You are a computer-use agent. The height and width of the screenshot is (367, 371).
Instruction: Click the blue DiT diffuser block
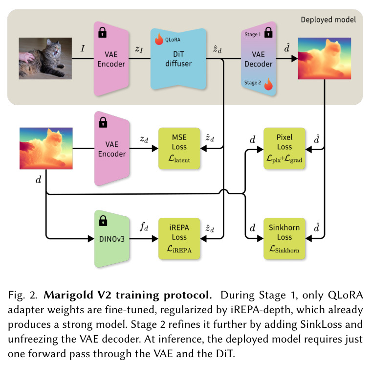178,59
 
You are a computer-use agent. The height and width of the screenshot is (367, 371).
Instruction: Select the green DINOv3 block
111,239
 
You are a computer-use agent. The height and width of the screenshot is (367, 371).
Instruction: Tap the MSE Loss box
179,148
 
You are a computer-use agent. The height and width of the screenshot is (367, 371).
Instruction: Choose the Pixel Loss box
284,148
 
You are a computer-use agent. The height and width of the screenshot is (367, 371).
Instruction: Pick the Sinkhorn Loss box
284,239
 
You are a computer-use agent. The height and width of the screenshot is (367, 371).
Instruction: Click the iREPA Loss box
179,239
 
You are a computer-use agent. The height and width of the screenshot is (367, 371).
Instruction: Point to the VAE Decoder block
259,59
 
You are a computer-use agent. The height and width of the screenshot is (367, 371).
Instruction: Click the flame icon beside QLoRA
159,39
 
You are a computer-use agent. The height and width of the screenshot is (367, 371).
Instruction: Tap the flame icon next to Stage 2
268,84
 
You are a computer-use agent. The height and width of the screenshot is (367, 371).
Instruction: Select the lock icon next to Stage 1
268,32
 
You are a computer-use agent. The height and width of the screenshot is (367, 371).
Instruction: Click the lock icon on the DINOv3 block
103,221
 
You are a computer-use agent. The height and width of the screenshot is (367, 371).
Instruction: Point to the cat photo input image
45,58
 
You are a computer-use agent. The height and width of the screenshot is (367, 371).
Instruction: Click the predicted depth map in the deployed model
325,58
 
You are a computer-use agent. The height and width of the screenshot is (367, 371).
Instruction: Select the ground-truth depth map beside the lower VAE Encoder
46,148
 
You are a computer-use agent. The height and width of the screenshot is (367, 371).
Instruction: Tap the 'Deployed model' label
328,20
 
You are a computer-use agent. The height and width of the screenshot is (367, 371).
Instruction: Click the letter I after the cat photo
83,48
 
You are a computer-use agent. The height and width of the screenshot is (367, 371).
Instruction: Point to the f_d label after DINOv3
144,227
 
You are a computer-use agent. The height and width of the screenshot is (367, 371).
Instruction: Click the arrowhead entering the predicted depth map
295,59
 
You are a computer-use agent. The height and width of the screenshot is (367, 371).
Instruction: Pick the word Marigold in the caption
65,296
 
